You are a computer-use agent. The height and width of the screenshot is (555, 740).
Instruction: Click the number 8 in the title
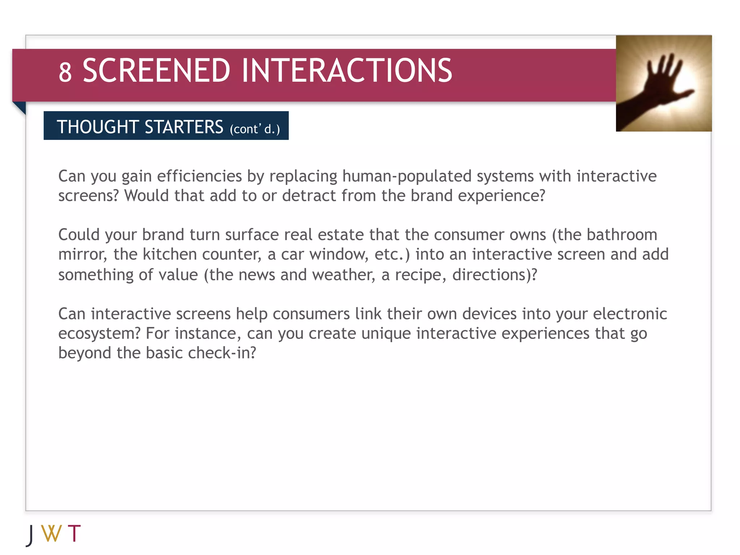(x=65, y=72)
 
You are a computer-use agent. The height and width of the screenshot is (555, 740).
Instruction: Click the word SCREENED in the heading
(x=156, y=70)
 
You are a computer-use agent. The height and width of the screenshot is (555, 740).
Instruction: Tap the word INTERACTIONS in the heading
(x=347, y=70)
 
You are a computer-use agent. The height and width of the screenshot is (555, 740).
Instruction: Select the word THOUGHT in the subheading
(x=98, y=127)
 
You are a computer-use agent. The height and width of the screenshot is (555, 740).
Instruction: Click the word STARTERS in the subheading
(x=184, y=127)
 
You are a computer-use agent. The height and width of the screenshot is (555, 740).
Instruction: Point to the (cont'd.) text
(x=255, y=129)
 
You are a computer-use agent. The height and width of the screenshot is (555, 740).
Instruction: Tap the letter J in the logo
(x=31, y=535)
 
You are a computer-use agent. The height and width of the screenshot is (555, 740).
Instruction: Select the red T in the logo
(x=74, y=533)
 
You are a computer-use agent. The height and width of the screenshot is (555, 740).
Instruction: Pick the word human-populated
(x=406, y=177)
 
